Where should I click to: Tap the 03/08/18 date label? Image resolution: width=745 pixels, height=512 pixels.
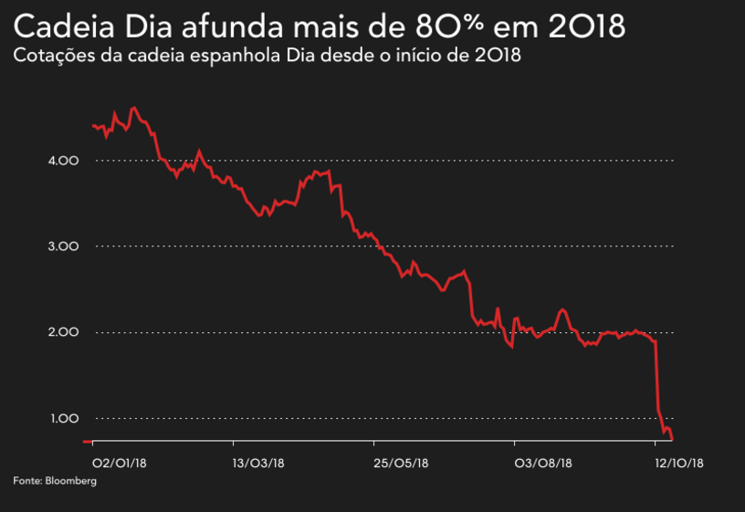[543, 464]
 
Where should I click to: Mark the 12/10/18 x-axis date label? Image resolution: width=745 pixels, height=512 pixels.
[680, 464]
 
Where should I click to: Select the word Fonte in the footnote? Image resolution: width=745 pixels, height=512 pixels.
[26, 480]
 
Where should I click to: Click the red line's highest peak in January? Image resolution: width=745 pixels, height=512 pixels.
[134, 108]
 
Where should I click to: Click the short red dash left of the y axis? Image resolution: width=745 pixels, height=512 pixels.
[87, 441]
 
